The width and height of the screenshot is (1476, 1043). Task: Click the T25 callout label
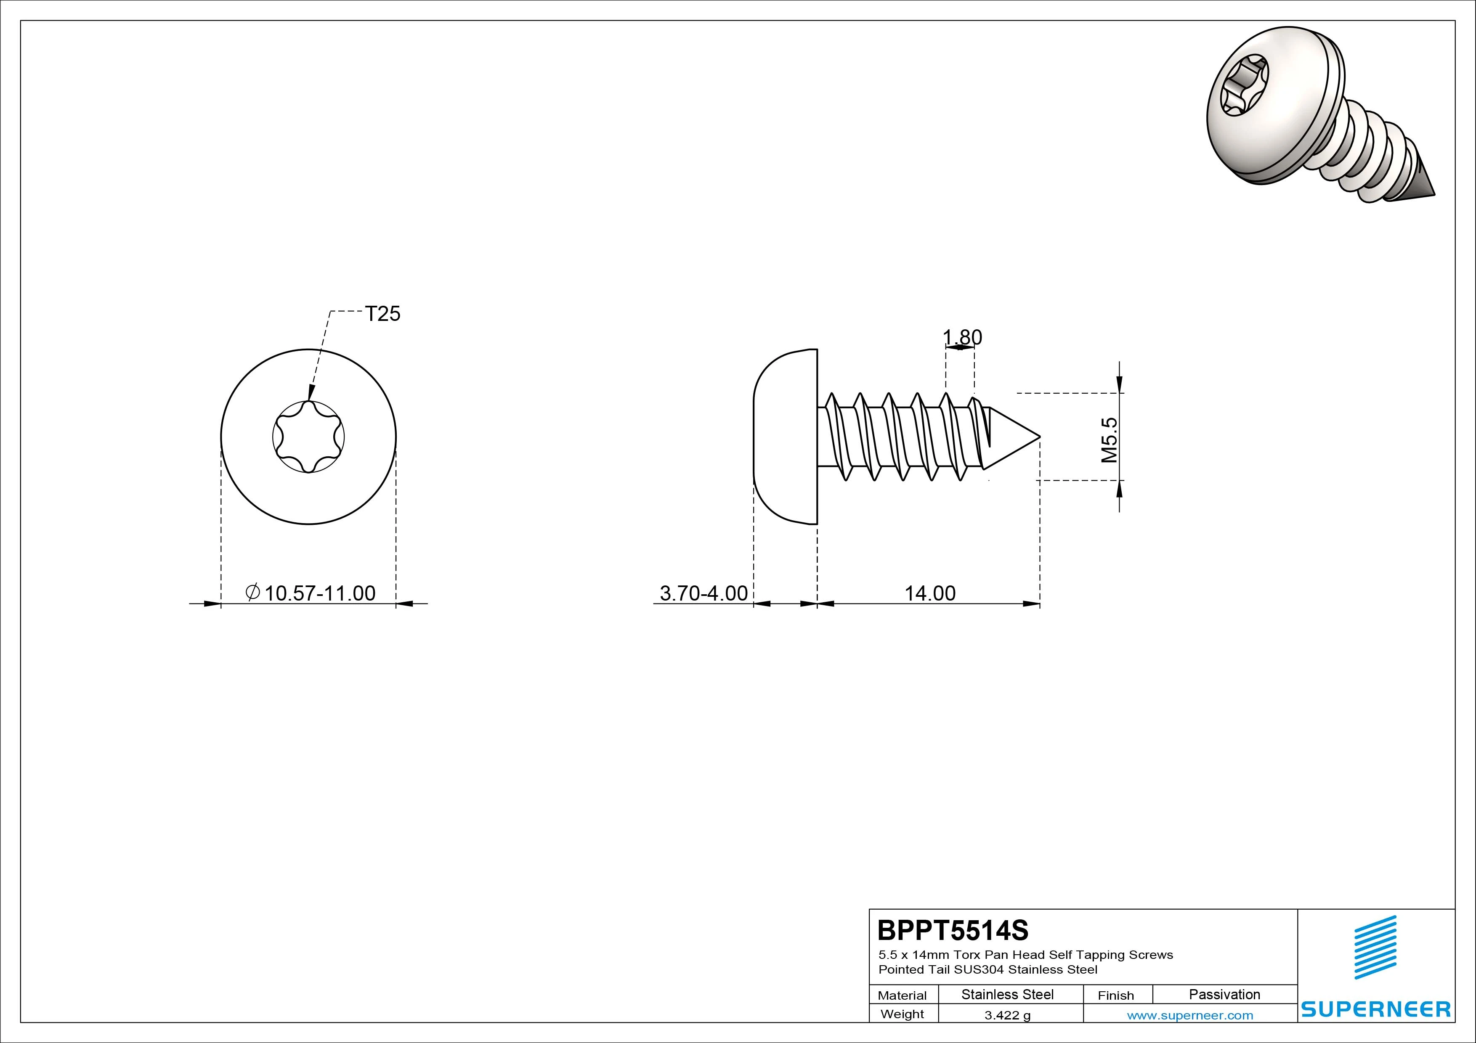click(382, 314)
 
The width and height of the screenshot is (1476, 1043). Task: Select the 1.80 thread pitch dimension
click(962, 337)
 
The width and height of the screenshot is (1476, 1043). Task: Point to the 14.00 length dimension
click(930, 593)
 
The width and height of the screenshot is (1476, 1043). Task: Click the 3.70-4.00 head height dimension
click(704, 593)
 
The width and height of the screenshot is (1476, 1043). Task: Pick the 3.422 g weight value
click(1007, 1015)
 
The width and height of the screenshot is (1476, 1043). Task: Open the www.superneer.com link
click(1190, 1015)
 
